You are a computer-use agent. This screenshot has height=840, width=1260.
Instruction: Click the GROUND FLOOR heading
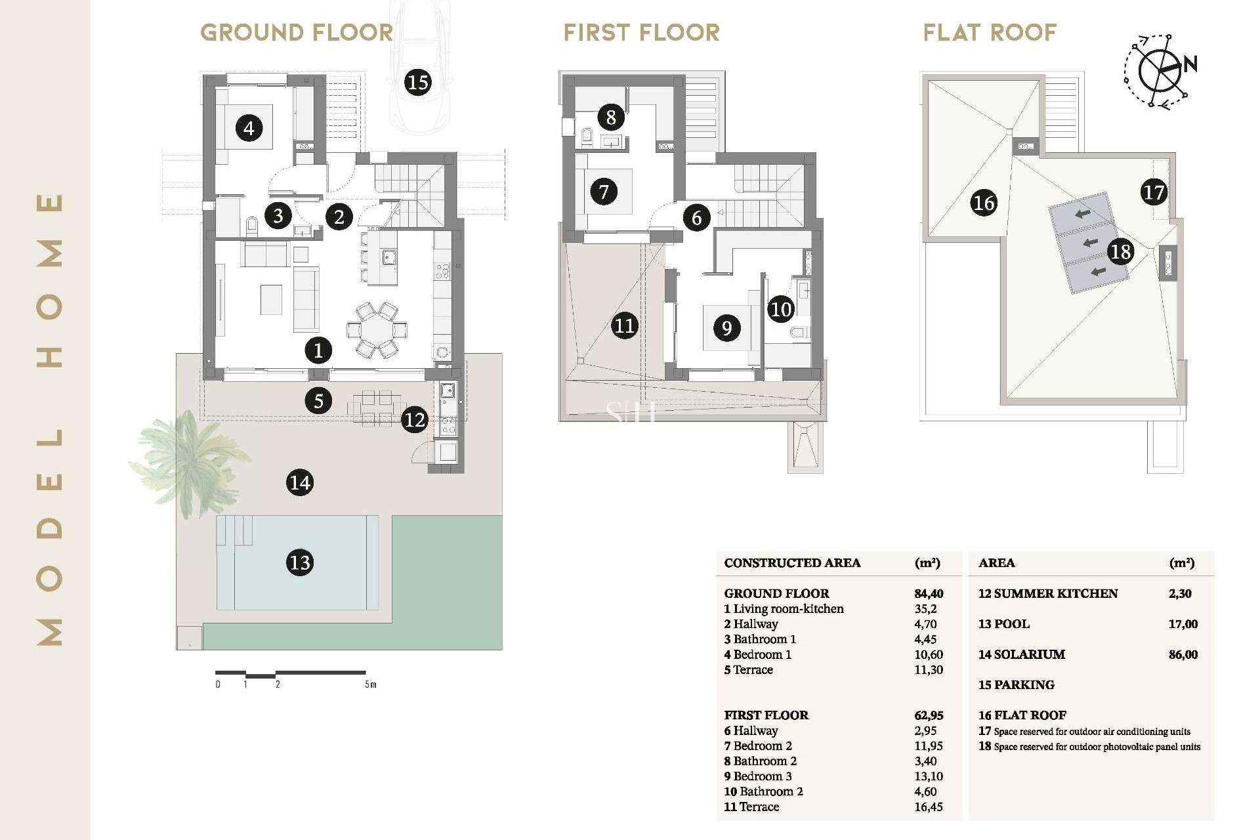pyautogui.click(x=297, y=32)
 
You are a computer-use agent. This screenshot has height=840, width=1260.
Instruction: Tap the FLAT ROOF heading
pyautogui.click(x=990, y=32)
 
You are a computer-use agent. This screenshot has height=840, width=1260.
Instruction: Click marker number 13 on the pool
pyautogui.click(x=300, y=562)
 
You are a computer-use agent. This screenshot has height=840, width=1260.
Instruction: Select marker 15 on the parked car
pyautogui.click(x=418, y=83)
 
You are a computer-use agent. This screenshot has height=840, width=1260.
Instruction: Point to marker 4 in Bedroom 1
pyautogui.click(x=249, y=127)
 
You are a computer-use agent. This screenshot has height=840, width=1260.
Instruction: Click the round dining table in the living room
pyautogui.click(x=377, y=330)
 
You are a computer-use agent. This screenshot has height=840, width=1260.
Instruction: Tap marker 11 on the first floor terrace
pyautogui.click(x=624, y=325)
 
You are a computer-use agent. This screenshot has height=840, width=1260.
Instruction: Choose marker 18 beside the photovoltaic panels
pyautogui.click(x=1120, y=251)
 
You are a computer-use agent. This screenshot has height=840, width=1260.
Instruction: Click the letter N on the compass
pyautogui.click(x=1190, y=64)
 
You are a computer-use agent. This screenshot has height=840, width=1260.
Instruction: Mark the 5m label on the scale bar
pyautogui.click(x=371, y=684)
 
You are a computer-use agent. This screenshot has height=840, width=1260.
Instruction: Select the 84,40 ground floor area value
pyautogui.click(x=929, y=593)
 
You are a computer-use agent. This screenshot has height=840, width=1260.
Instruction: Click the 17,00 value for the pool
pyautogui.click(x=1183, y=624)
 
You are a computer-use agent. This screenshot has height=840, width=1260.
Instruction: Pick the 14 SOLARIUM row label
pyautogui.click(x=1022, y=654)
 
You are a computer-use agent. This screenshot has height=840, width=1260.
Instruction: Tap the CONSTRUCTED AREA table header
pyautogui.click(x=792, y=562)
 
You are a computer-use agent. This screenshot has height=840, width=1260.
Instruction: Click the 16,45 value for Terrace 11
pyautogui.click(x=928, y=807)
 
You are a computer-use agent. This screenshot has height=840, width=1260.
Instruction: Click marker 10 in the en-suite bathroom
pyautogui.click(x=781, y=309)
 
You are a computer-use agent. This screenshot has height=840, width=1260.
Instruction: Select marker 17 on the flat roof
pyautogui.click(x=1153, y=192)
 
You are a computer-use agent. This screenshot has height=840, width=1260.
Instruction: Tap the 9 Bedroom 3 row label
pyautogui.click(x=758, y=776)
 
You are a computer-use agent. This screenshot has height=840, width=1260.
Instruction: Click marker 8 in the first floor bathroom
pyautogui.click(x=611, y=117)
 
